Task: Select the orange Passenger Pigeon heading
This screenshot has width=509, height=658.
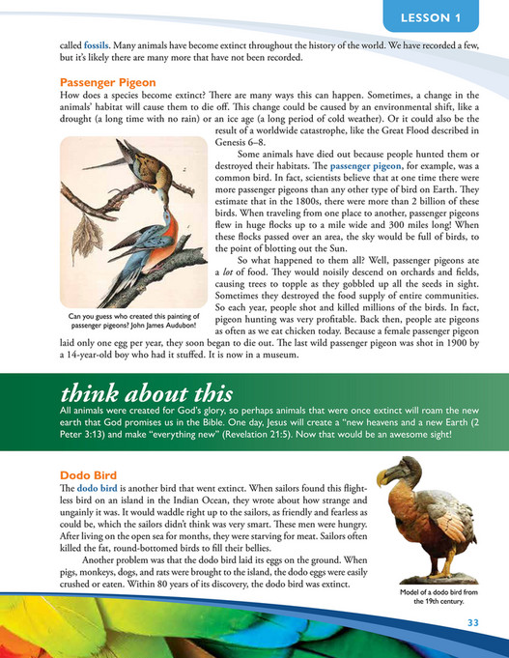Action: [x=102, y=81]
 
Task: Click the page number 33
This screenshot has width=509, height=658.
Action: [x=473, y=620]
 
